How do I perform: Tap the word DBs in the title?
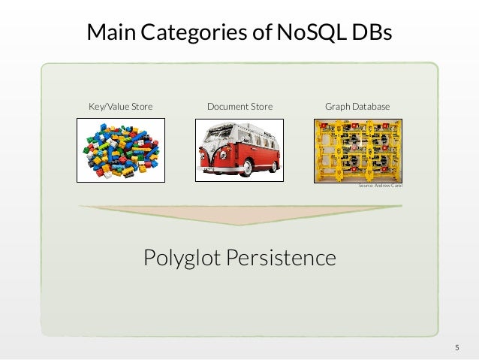click(x=369, y=32)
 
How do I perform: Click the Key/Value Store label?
click(x=120, y=107)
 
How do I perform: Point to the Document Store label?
click(x=239, y=107)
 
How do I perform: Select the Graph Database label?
click(x=357, y=107)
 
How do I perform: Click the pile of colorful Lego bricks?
click(x=120, y=150)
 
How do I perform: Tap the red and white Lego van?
click(x=239, y=151)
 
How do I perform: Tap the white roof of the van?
click(x=240, y=129)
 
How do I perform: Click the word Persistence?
click(x=288, y=259)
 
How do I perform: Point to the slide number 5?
click(x=456, y=347)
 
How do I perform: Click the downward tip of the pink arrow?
click(x=239, y=223)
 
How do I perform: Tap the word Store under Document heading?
click(x=260, y=107)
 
